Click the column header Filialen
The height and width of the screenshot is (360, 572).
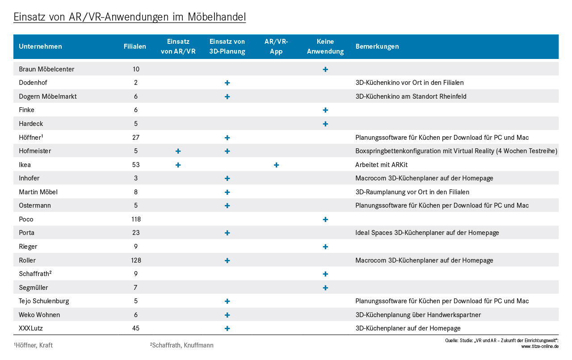click(135, 46)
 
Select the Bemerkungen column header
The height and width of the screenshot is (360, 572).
click(377, 46)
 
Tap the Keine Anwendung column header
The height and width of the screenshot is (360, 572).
click(325, 46)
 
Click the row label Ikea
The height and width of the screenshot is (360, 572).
click(25, 165)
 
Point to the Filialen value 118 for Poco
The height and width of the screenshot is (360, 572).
click(136, 219)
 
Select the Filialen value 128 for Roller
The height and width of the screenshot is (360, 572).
click(136, 260)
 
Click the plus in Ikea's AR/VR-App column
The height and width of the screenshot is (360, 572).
click(276, 165)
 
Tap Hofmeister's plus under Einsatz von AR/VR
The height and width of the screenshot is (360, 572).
click(178, 151)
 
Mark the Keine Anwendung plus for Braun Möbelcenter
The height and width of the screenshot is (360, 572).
click(325, 69)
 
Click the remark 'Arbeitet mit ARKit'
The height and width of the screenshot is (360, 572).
click(381, 165)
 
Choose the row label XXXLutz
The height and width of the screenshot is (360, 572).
click(31, 328)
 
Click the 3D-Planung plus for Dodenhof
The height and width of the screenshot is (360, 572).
click(227, 83)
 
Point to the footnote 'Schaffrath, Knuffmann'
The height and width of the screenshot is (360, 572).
click(181, 345)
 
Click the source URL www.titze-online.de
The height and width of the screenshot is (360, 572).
click(540, 347)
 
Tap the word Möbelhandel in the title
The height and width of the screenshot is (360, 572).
click(217, 17)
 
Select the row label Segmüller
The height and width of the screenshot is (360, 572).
click(34, 288)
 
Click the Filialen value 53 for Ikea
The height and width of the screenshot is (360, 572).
click(136, 165)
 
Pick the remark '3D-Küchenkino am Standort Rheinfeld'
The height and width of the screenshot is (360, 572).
click(411, 96)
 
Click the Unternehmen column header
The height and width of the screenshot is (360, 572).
click(40, 46)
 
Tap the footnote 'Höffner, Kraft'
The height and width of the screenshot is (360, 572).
click(33, 345)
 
